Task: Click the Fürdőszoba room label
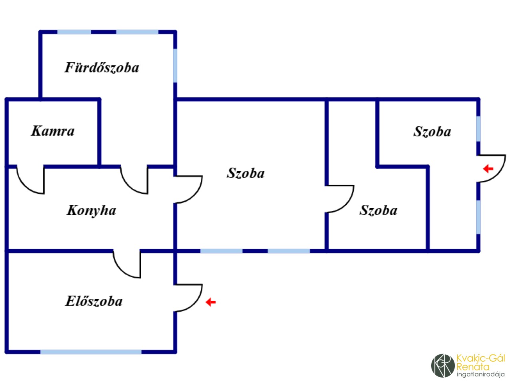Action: [x=102, y=68]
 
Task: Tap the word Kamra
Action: [x=53, y=131]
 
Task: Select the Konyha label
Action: [x=91, y=210]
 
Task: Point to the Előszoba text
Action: [x=94, y=301]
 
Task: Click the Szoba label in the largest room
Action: [x=246, y=173]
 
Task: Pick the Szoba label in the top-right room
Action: [x=432, y=132]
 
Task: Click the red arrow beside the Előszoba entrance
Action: [x=210, y=302]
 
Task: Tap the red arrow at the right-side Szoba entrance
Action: [x=488, y=169]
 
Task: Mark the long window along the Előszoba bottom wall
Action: [x=91, y=352]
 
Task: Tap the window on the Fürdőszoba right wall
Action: [x=175, y=65]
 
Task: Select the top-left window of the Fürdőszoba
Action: [x=74, y=32]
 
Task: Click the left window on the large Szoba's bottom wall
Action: [x=221, y=251]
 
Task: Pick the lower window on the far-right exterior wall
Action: [x=478, y=217]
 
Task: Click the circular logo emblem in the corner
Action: [x=443, y=365]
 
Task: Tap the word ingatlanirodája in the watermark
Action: [x=480, y=374]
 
